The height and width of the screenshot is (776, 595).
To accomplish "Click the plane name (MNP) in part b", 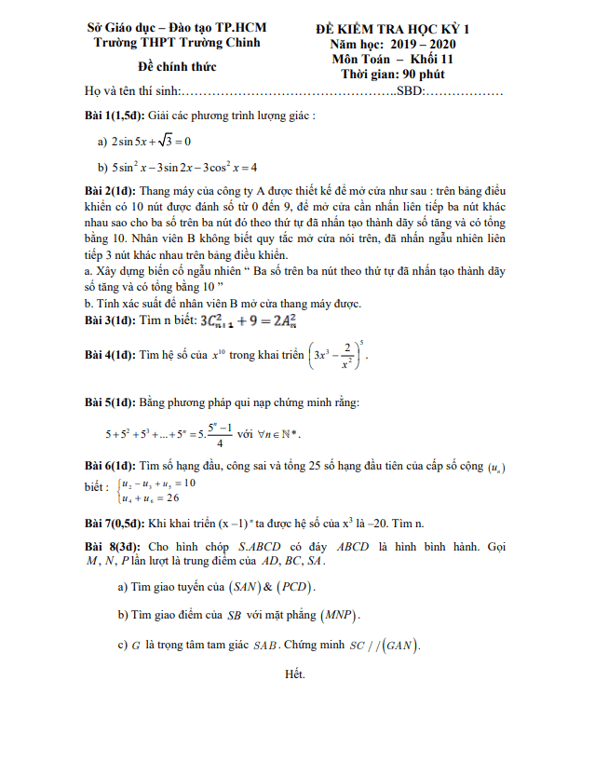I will click(343, 616).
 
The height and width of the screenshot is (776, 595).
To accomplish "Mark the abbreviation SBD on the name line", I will click(411, 92).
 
